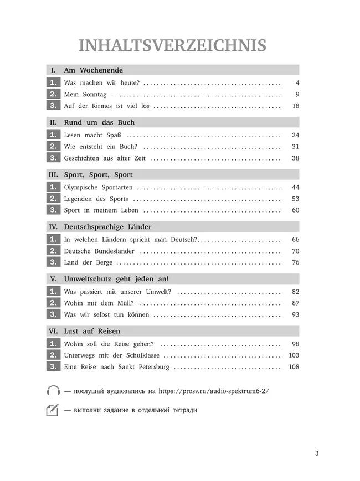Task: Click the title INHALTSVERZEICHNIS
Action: coord(172,45)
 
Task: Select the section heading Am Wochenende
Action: coord(93,70)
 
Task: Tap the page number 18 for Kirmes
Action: coord(295,106)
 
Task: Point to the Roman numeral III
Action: coord(53,174)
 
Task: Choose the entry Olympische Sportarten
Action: coord(98,188)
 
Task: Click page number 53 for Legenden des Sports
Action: coord(295,199)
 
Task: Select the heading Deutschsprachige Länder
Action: coord(107,227)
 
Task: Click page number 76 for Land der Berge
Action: coord(295,262)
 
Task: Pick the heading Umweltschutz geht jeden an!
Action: coord(116,279)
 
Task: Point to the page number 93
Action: coord(295,314)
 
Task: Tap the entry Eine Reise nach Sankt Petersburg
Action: coord(117,367)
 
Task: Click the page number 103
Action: coord(294,355)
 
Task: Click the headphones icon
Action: coord(53,390)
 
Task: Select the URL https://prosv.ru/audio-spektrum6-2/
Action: coord(213,391)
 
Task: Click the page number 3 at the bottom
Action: coord(317,454)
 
